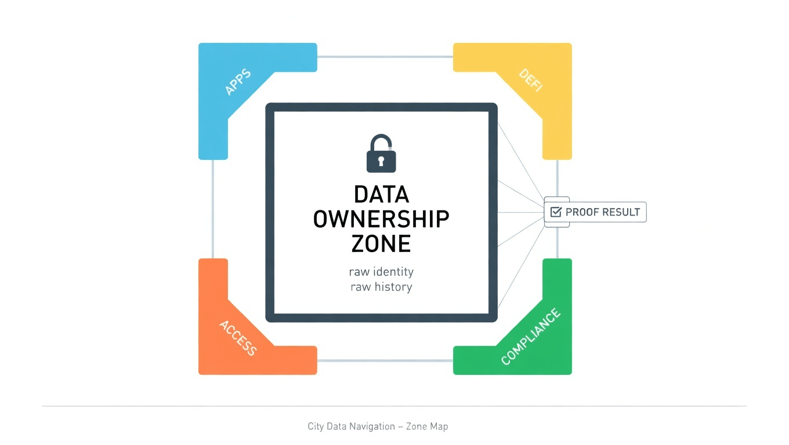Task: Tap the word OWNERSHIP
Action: [381, 219]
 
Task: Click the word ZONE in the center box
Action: [381, 243]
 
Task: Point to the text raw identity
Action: [381, 271]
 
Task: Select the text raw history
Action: [381, 287]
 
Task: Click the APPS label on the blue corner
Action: [237, 82]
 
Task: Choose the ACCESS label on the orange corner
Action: [238, 338]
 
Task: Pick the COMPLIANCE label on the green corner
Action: [531, 337]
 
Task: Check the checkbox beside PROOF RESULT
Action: [556, 212]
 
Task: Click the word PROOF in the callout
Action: [582, 212]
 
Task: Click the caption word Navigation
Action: [371, 426]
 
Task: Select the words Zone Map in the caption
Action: [427, 426]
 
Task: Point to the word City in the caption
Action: [316, 426]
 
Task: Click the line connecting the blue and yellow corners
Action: [385, 57]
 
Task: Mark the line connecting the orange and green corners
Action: [385, 360]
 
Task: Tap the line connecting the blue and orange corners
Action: [213, 209]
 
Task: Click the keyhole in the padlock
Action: [381, 160]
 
